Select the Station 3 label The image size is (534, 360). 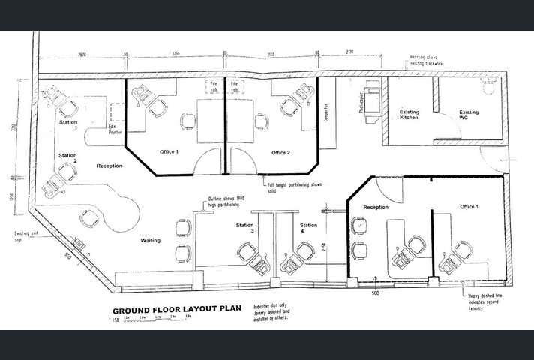244,226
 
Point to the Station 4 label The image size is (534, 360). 308,226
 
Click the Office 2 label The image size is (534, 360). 280,152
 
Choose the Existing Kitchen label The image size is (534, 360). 409,115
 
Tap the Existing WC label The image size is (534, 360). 469,115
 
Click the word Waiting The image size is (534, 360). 153,241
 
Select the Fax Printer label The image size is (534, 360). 115,132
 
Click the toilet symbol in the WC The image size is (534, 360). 490,88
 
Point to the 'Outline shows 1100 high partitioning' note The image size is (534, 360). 223,201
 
